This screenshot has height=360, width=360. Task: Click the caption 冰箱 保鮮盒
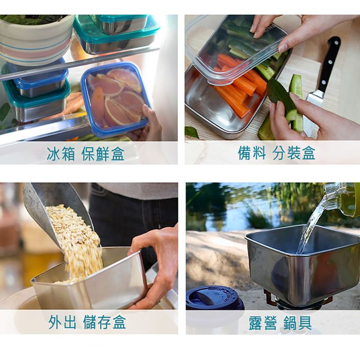point(85,153)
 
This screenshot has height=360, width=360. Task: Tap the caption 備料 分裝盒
point(276,152)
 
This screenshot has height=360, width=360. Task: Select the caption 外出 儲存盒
point(87,322)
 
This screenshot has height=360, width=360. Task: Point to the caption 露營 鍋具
point(281,322)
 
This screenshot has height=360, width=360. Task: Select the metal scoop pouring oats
point(55,211)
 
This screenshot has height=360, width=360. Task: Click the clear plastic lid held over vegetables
point(237,49)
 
